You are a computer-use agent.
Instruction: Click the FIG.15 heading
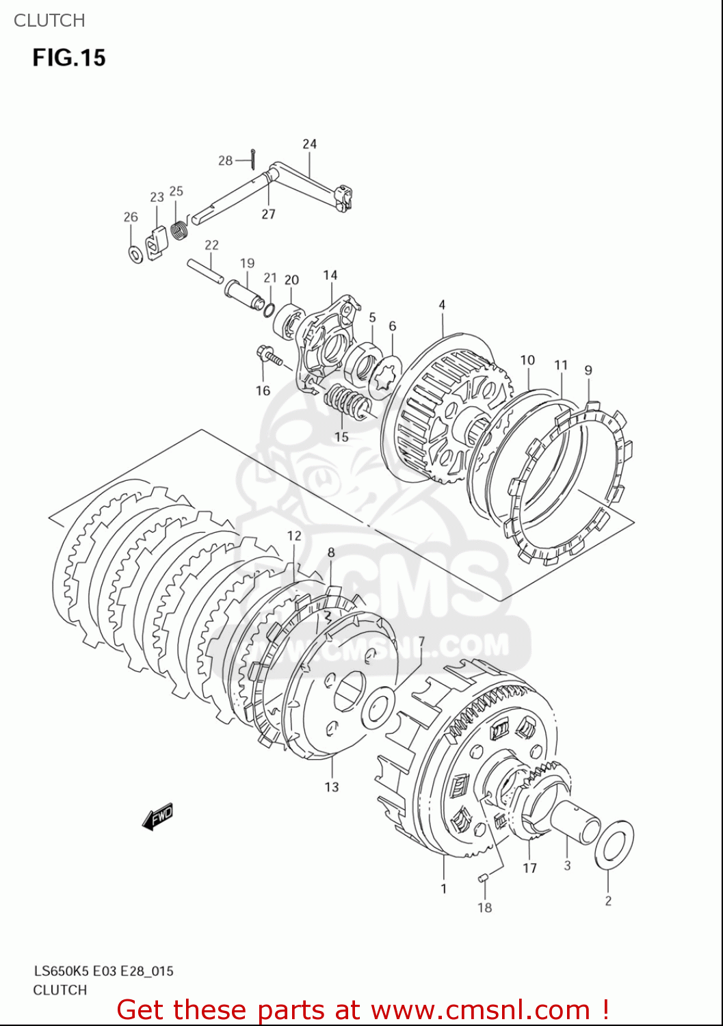(69, 57)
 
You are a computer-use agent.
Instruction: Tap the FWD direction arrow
(158, 816)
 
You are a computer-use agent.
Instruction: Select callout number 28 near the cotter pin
(225, 161)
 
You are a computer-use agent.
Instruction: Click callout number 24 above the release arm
(310, 144)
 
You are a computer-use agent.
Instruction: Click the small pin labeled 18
(483, 878)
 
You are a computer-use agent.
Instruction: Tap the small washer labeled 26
(135, 254)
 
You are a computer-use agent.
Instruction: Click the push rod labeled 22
(204, 269)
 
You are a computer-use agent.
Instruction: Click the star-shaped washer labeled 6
(384, 376)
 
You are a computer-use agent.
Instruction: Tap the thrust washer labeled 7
(378, 707)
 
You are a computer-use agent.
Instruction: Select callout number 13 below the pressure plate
(332, 787)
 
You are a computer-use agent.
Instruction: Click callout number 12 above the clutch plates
(294, 536)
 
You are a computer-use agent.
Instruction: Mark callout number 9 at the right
(588, 370)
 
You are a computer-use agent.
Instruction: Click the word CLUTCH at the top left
(49, 21)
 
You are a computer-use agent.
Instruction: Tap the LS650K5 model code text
(61, 971)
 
